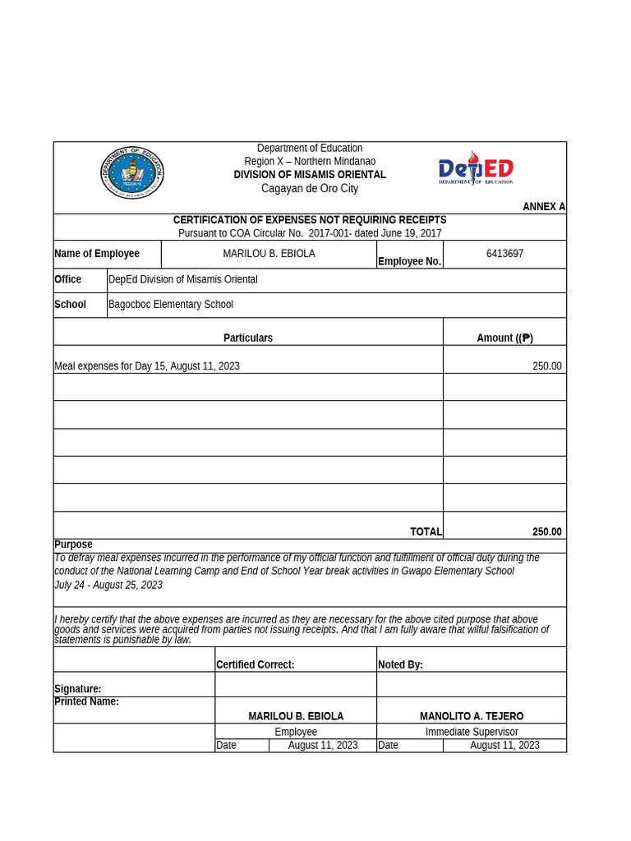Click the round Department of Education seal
[x=131, y=172]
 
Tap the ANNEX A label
[x=543, y=207]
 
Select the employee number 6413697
[x=504, y=254]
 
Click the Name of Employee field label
[x=97, y=254]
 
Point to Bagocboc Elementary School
[x=171, y=305]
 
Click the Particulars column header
[x=248, y=338]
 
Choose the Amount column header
[x=504, y=338]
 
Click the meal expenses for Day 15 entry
[x=147, y=366]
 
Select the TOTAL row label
[x=426, y=532]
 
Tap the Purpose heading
[x=73, y=545]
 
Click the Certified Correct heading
[x=255, y=665]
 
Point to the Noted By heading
[x=400, y=665]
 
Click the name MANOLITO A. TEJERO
[x=472, y=717]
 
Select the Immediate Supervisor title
[x=472, y=732]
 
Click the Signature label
[x=78, y=689]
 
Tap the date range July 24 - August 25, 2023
[x=108, y=586]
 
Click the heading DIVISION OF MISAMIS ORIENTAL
[x=310, y=175]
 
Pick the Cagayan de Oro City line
[x=310, y=189]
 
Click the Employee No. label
[x=409, y=262]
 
